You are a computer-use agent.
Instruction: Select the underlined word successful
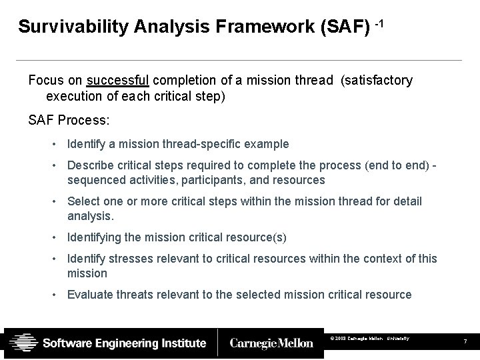pos(117,81)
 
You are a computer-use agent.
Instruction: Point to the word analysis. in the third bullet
pos(91,215)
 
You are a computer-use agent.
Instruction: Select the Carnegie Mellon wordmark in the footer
pos(271,343)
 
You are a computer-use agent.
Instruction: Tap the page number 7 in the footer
pos(466,342)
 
